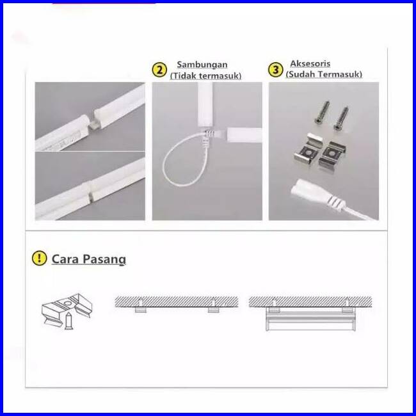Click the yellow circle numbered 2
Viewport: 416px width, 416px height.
[159, 70]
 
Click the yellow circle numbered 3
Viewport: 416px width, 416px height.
[275, 70]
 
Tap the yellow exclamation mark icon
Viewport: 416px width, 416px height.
[40, 258]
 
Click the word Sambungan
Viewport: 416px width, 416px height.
[202, 65]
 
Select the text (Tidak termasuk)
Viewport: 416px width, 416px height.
[205, 76]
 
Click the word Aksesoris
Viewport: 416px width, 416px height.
[310, 64]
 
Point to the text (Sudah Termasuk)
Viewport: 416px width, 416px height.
[324, 74]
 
